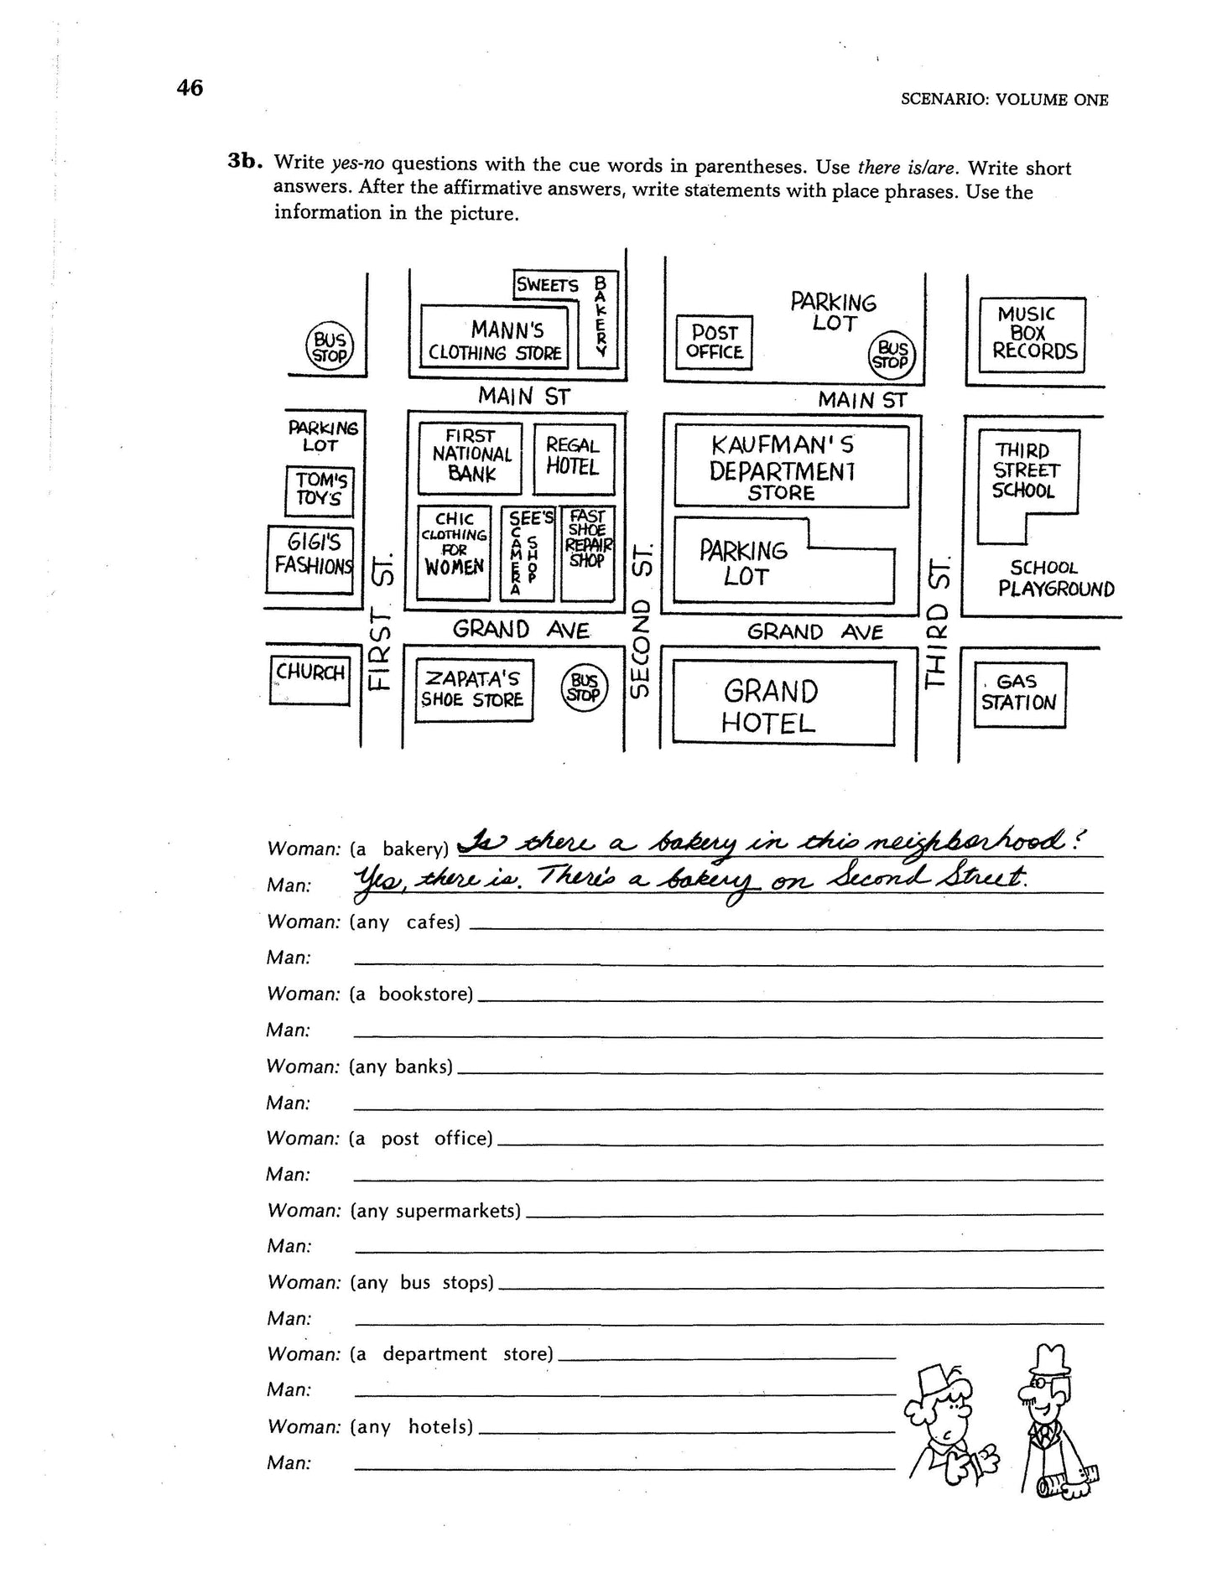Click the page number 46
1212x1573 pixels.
pyautogui.click(x=190, y=88)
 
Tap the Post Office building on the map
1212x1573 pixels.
pyautogui.click(x=714, y=342)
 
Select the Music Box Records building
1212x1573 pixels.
pyautogui.click(x=1033, y=334)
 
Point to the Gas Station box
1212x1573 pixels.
pyautogui.click(x=1018, y=693)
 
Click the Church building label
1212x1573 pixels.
pyautogui.click(x=310, y=673)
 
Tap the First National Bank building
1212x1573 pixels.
pyautogui.click(x=471, y=456)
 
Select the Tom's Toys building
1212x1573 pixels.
pyautogui.click(x=320, y=491)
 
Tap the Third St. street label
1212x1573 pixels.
pyautogui.click(x=939, y=621)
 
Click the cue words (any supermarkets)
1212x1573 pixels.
pyautogui.click(x=435, y=1211)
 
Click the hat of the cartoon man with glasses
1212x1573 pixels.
pyautogui.click(x=1050, y=1358)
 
